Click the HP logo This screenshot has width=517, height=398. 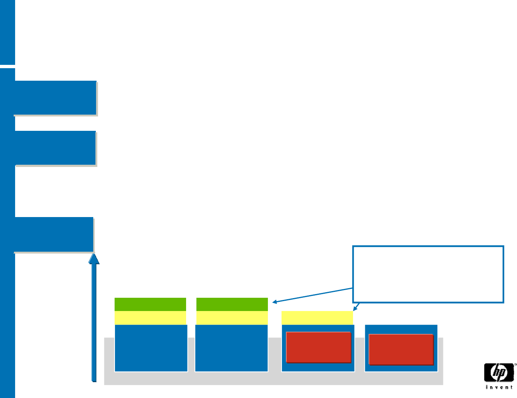pyautogui.click(x=499, y=373)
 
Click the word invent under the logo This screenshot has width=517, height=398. pyautogui.click(x=499, y=387)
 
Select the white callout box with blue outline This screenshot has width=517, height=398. pyautogui.click(x=428, y=274)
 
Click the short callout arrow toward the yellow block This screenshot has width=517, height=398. pyautogui.click(x=356, y=307)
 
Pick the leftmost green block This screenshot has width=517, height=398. pyautogui.click(x=150, y=304)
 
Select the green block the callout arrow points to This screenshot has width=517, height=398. pyautogui.click(x=232, y=304)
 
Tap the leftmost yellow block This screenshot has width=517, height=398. pyautogui.click(x=150, y=318)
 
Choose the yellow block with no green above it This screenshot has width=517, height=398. pyautogui.click(x=317, y=318)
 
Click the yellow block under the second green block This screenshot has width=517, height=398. pyautogui.click(x=232, y=318)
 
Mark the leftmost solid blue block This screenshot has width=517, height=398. pyautogui.click(x=151, y=348)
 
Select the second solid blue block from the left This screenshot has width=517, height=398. pyautogui.click(x=231, y=348)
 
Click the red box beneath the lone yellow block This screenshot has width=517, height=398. pyautogui.click(x=318, y=347)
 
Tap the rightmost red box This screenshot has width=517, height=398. pyautogui.click(x=401, y=349)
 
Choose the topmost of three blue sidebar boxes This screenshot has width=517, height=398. pyautogui.click(x=55, y=98)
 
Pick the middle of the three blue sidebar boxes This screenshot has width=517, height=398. pyautogui.click(x=55, y=148)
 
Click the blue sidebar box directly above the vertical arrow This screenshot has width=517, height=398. pyautogui.click(x=54, y=234)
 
